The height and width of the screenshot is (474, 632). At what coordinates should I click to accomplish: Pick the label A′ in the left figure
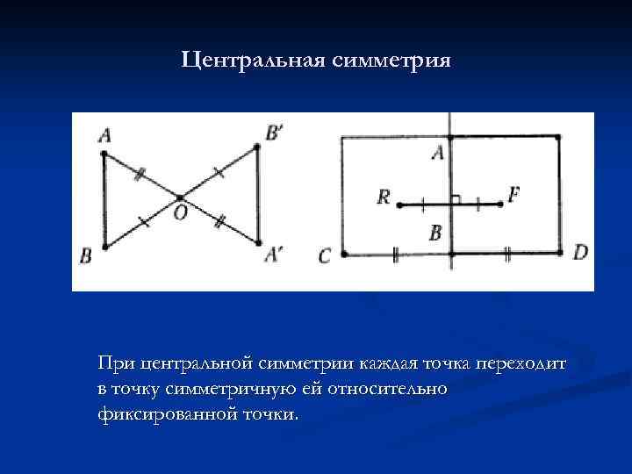pos(275,254)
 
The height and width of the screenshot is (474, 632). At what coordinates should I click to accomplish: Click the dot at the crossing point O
pos(180,198)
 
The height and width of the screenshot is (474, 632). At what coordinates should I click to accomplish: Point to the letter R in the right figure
pos(384,197)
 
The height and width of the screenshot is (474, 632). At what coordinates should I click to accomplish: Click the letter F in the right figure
pos(513,194)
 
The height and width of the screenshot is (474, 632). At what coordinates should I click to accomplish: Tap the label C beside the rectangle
pos(325,256)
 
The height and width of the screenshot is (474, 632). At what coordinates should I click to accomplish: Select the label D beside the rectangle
pos(579,253)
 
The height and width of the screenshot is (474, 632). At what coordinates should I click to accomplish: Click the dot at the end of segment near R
pos(399,205)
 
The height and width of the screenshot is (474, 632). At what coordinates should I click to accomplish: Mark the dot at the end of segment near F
pos(499,204)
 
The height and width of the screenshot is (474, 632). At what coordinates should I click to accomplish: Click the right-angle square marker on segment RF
pos(456,199)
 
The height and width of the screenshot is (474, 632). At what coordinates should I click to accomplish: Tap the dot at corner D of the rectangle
pos(559,254)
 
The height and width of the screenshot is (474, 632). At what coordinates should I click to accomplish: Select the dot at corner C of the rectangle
pos(343,254)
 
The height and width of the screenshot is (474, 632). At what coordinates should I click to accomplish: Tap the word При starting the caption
pos(115,363)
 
